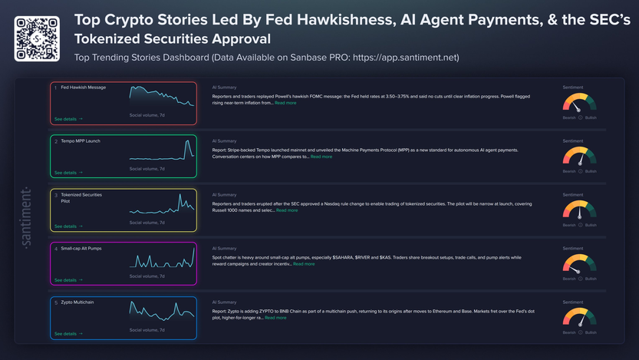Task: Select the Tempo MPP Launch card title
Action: [x=82, y=141]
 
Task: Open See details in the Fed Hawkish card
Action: [x=68, y=119]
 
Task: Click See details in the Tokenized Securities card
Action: [x=68, y=226]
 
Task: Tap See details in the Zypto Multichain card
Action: [x=68, y=334]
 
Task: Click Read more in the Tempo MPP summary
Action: [x=321, y=157]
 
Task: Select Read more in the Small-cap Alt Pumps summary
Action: [x=304, y=264]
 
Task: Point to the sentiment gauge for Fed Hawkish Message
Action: [x=578, y=104]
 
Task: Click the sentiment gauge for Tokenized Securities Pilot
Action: [x=578, y=211]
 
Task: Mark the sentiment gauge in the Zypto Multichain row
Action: [x=578, y=319]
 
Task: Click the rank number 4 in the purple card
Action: [x=56, y=249]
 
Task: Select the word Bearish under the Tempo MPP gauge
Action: [x=568, y=171]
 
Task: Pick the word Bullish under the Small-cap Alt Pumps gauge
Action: [x=591, y=279]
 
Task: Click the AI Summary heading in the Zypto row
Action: [x=224, y=302]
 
